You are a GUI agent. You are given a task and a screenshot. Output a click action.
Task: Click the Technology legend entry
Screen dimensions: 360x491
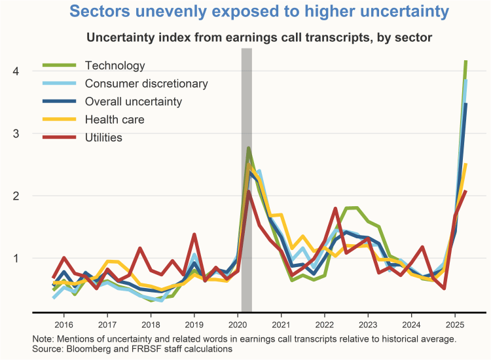pos(115,65)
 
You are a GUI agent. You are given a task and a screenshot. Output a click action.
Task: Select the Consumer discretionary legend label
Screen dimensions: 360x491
pos(147,84)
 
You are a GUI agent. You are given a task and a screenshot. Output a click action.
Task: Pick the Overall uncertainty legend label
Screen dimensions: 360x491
pos(134,101)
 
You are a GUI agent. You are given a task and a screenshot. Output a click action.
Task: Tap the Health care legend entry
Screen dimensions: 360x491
pos(115,120)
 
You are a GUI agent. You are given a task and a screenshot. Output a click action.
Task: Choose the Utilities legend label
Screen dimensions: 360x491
pos(103,137)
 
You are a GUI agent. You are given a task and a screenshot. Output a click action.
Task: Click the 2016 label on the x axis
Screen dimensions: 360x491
pos(64,325)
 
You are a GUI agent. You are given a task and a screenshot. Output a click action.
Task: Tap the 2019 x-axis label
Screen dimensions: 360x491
pos(194,325)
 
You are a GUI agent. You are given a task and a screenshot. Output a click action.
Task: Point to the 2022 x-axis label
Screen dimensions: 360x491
pos(324,325)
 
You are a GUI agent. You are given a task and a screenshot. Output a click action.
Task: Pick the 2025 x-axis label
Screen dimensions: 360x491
pos(454,325)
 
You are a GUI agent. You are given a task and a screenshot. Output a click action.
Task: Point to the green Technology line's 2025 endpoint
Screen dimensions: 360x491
pos(465,62)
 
